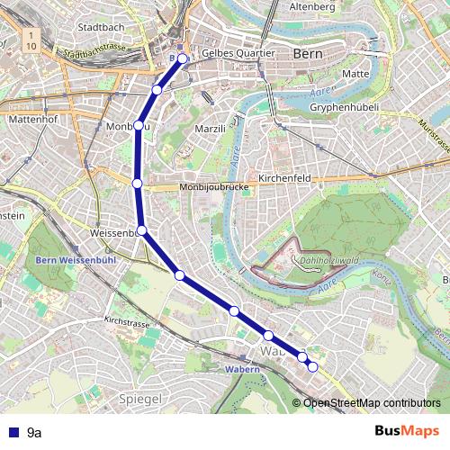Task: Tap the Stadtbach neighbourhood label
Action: point(101,28)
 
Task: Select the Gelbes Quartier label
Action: point(238,53)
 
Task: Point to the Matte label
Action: point(356,73)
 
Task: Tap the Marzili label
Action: point(210,130)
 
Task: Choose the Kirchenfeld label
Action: point(284,178)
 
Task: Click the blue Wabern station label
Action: point(242,370)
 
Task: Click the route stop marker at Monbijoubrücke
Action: point(138,184)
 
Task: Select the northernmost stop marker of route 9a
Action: point(183,58)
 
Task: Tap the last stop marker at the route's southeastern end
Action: point(312,366)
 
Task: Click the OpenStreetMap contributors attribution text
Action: point(372,402)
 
